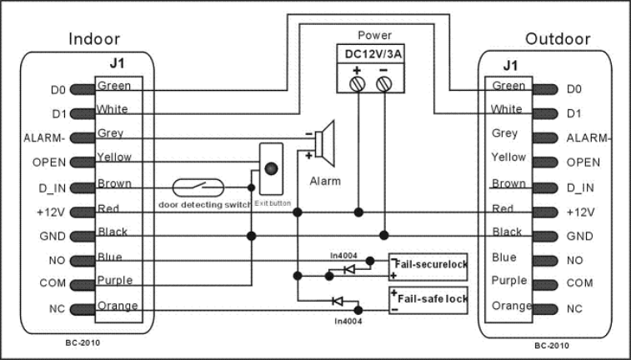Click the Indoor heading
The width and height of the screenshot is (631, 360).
[94, 39]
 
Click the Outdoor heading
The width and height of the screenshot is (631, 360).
[558, 39]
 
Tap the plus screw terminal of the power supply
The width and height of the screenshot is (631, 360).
[358, 84]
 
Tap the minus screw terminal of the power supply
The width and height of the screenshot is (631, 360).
[383, 84]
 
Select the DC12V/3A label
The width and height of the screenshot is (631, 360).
[373, 54]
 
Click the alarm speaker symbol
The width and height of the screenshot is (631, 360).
[324, 143]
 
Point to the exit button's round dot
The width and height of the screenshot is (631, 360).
[271, 168]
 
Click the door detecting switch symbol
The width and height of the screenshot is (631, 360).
[198, 187]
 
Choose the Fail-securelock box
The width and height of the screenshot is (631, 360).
[428, 267]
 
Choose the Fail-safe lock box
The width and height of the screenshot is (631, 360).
[428, 300]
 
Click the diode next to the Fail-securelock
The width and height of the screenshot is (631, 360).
[348, 269]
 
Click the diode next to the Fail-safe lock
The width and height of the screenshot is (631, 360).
[337, 301]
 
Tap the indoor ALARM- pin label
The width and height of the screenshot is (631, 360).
[44, 138]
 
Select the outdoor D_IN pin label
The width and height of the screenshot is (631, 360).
[580, 187]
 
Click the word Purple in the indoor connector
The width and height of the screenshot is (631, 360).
[115, 280]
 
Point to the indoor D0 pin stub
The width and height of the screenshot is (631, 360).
[83, 89]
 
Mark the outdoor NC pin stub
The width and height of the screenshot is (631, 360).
[545, 309]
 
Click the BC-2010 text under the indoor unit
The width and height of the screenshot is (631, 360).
[83, 343]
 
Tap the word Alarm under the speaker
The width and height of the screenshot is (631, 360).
[325, 181]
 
